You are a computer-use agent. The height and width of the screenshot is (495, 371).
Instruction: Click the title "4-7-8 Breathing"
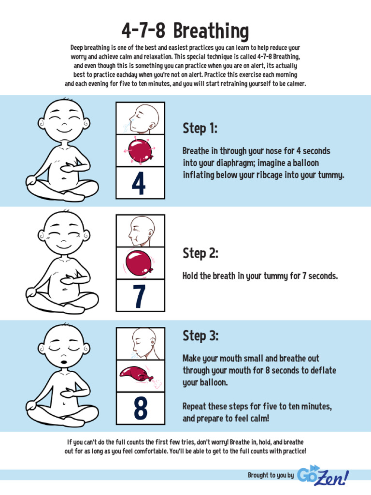pyautogui.click(x=185, y=31)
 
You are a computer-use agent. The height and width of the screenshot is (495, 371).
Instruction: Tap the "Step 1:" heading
pyautogui.click(x=200, y=129)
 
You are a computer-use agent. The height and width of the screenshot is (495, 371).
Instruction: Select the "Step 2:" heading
pyautogui.click(x=200, y=253)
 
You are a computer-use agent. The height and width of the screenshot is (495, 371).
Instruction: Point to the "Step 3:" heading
pyautogui.click(x=200, y=335)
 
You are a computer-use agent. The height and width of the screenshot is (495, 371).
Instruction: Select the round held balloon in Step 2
pyautogui.click(x=139, y=263)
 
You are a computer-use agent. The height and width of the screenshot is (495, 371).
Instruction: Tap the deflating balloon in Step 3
pyautogui.click(x=136, y=375)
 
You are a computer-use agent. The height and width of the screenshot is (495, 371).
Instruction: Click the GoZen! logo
pyautogui.click(x=323, y=476)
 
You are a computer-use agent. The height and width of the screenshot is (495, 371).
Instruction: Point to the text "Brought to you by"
pyautogui.click(x=271, y=476)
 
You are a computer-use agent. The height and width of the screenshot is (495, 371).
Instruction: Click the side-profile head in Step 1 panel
pyautogui.click(x=143, y=118)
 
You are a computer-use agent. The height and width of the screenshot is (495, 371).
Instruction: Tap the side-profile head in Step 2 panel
pyautogui.click(x=140, y=231)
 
